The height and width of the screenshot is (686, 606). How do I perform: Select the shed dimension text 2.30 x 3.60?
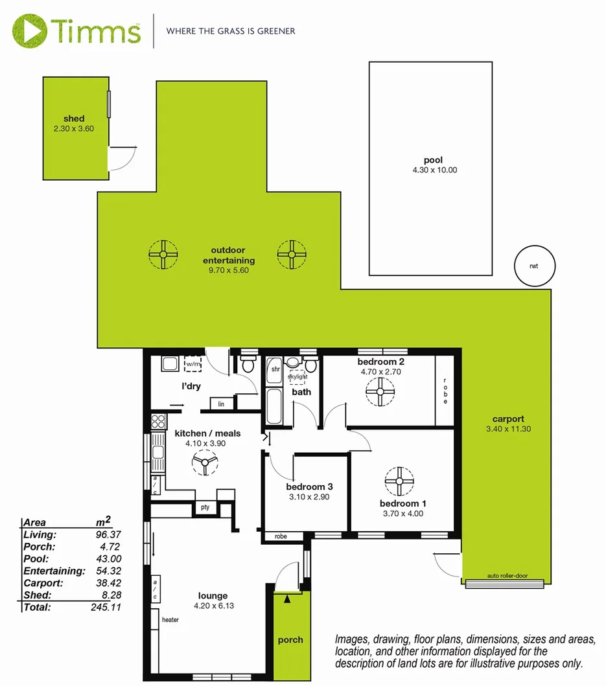tap(74, 129)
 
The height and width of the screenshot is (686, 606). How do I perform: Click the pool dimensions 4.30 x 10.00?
tap(431, 170)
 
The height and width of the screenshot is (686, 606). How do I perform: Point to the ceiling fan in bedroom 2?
tap(380, 391)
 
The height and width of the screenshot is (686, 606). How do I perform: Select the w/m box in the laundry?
tap(193, 365)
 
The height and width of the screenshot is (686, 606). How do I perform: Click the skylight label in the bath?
tap(297, 376)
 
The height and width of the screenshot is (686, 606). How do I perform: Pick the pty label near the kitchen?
tap(205, 507)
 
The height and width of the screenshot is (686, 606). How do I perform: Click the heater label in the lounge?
tap(170, 620)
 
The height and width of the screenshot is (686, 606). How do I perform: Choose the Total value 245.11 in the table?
tap(108, 607)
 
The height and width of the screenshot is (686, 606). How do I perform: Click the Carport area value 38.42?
tap(108, 583)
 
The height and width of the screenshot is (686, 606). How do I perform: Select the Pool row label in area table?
tap(36, 559)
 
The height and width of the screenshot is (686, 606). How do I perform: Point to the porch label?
tap(290, 640)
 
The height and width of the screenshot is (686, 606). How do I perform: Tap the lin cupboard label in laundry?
tap(222, 404)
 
